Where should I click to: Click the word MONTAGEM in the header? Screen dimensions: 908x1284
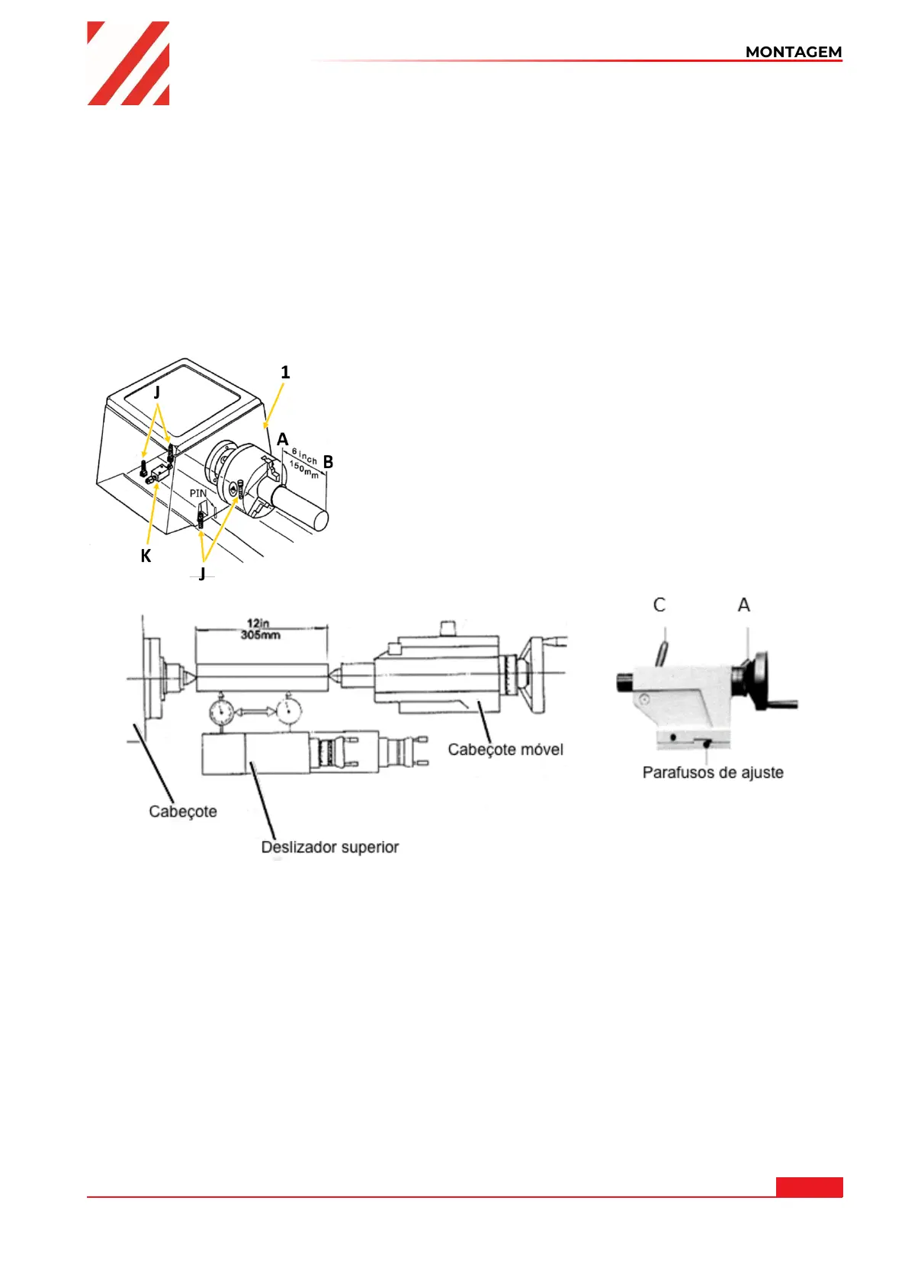coord(793,52)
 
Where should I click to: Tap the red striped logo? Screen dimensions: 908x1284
coord(128,63)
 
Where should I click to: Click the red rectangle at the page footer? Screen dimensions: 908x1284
coord(809,1186)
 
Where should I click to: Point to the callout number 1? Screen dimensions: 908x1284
coord(285,373)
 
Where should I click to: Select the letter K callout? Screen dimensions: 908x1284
coord(146,555)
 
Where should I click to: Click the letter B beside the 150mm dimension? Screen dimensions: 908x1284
coord(328,462)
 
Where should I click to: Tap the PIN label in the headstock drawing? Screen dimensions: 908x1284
coord(197,493)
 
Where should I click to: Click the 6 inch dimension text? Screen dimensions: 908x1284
coord(304,456)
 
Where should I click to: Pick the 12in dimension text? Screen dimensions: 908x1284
coord(258,623)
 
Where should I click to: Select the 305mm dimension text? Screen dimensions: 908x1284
coord(260,634)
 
